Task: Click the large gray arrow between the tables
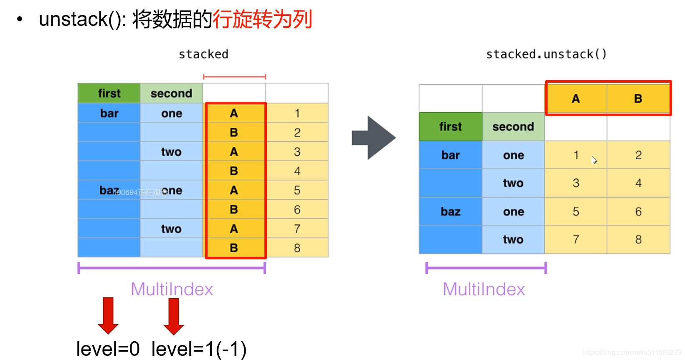[373, 138]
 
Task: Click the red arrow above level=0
[108, 315]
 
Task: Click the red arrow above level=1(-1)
[174, 316]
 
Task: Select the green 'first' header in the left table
[109, 93]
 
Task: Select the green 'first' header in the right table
[450, 127]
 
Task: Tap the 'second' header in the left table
[171, 93]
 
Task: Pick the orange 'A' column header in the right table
[576, 99]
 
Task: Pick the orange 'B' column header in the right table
[638, 99]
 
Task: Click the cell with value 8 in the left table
[297, 248]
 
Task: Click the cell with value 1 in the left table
[297, 113]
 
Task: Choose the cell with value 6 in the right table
[638, 212]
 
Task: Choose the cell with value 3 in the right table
[576, 183]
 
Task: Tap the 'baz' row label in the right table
[450, 212]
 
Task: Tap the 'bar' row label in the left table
[109, 113]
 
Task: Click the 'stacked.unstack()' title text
[546, 54]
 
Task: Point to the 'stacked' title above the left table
[203, 54]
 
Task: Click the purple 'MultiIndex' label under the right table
[484, 289]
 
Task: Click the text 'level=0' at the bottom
[108, 349]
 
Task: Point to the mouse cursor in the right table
[594, 160]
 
